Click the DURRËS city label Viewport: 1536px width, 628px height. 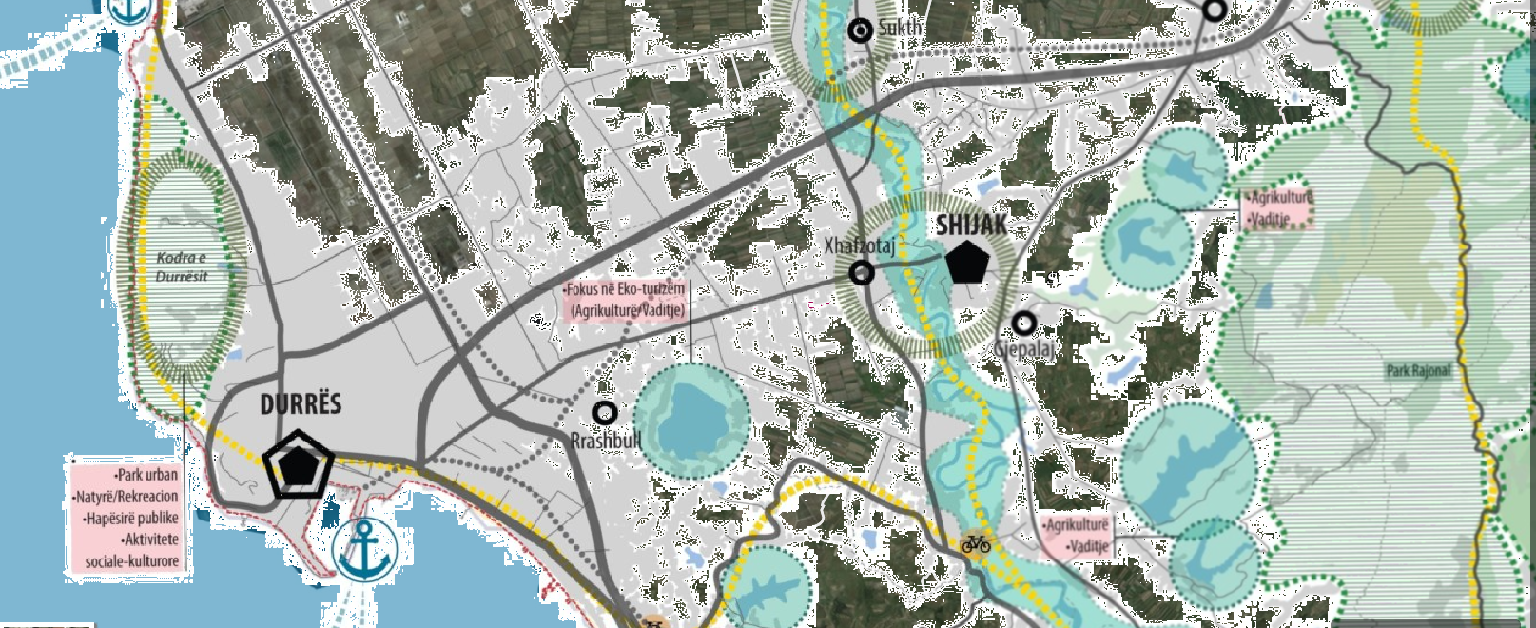[x=301, y=404]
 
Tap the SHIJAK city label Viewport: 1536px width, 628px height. [x=971, y=225]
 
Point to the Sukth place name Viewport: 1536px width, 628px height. [x=900, y=28]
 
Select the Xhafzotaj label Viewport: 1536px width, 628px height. [x=859, y=246]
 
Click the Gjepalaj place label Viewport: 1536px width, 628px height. [x=1025, y=350]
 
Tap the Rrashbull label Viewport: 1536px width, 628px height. [x=606, y=441]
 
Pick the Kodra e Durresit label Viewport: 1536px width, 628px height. [x=181, y=266]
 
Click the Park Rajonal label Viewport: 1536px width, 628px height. [x=1418, y=370]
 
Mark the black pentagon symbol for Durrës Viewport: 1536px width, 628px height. [x=300, y=464]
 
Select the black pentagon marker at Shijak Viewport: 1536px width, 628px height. [x=968, y=263]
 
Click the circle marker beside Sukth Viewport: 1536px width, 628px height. [x=861, y=30]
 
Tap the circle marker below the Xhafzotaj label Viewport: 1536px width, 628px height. [x=862, y=273]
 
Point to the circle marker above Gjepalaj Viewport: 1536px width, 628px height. [x=1023, y=324]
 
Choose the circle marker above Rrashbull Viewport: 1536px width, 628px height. [x=604, y=413]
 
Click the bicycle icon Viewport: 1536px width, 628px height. [x=976, y=543]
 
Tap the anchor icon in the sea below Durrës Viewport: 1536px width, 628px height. [x=363, y=549]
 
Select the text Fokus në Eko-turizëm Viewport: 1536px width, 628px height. [x=624, y=289]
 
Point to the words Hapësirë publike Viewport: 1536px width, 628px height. [x=131, y=519]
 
